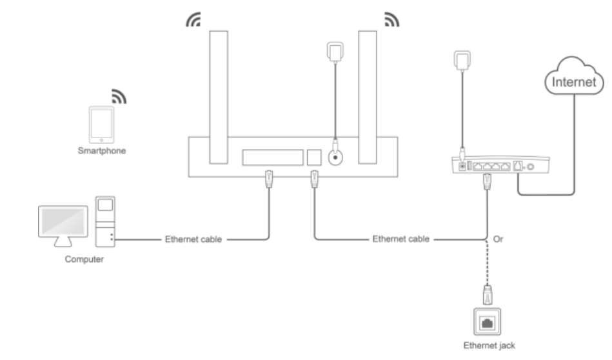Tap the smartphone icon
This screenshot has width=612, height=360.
[x=101, y=125]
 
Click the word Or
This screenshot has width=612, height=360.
[x=498, y=238]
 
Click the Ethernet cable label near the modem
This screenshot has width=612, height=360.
[x=400, y=238]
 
